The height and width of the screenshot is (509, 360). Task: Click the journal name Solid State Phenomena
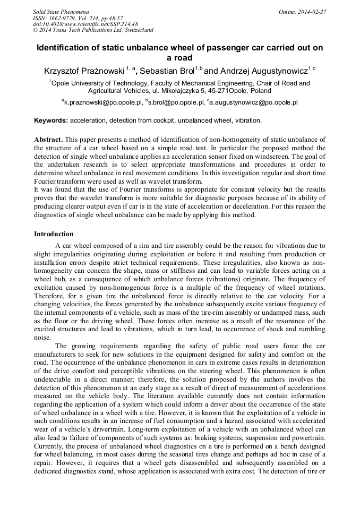(x=61, y=11)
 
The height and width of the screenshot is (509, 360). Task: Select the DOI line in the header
(x=85, y=24)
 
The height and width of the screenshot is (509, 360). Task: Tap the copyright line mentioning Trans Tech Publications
(x=93, y=30)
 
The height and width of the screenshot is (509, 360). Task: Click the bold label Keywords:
(x=51, y=120)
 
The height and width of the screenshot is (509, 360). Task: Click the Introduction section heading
(x=54, y=234)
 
